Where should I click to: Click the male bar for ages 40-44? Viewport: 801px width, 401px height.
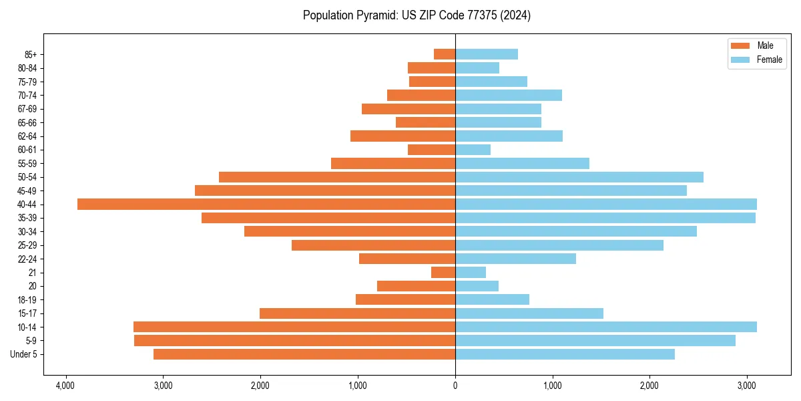pos(266,204)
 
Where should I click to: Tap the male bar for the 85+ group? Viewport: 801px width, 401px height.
pos(445,54)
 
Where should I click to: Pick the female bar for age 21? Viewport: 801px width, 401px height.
pos(471,272)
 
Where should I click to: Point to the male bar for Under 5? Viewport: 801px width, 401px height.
pos(304,354)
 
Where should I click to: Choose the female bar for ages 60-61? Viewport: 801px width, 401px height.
pos(473,150)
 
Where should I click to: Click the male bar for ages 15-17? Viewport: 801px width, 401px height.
pos(357,313)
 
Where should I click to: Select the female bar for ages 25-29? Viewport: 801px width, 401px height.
pos(559,245)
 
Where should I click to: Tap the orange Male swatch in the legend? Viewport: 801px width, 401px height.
pos(740,45)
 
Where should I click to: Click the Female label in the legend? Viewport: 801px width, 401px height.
pos(769,59)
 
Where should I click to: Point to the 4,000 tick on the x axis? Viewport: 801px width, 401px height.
pos(65,386)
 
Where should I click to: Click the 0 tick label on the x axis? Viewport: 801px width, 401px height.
pos(455,386)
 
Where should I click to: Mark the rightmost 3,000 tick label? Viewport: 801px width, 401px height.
pos(747,386)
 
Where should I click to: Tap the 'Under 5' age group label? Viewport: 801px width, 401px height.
pos(23,354)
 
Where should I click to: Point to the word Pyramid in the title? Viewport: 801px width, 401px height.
pos(374,15)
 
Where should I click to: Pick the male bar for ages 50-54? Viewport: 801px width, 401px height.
pos(337,177)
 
